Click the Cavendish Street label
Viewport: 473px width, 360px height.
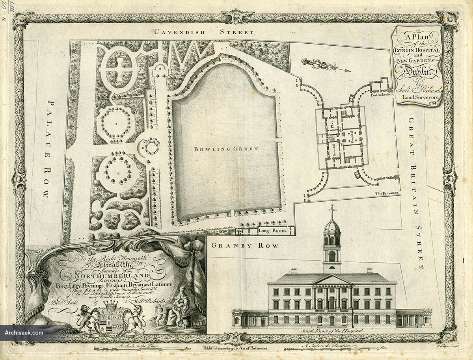pyautogui.click(x=205, y=32)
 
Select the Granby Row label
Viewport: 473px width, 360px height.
pyautogui.click(x=245, y=245)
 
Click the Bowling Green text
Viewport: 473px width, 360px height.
pyautogui.click(x=226, y=149)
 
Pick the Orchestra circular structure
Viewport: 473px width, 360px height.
pyautogui.click(x=150, y=148)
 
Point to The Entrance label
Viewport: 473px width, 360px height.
pyautogui.click(x=387, y=193)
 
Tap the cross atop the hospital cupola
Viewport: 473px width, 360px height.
pyautogui.click(x=332, y=211)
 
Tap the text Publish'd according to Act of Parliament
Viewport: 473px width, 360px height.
pyautogui.click(x=236, y=348)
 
